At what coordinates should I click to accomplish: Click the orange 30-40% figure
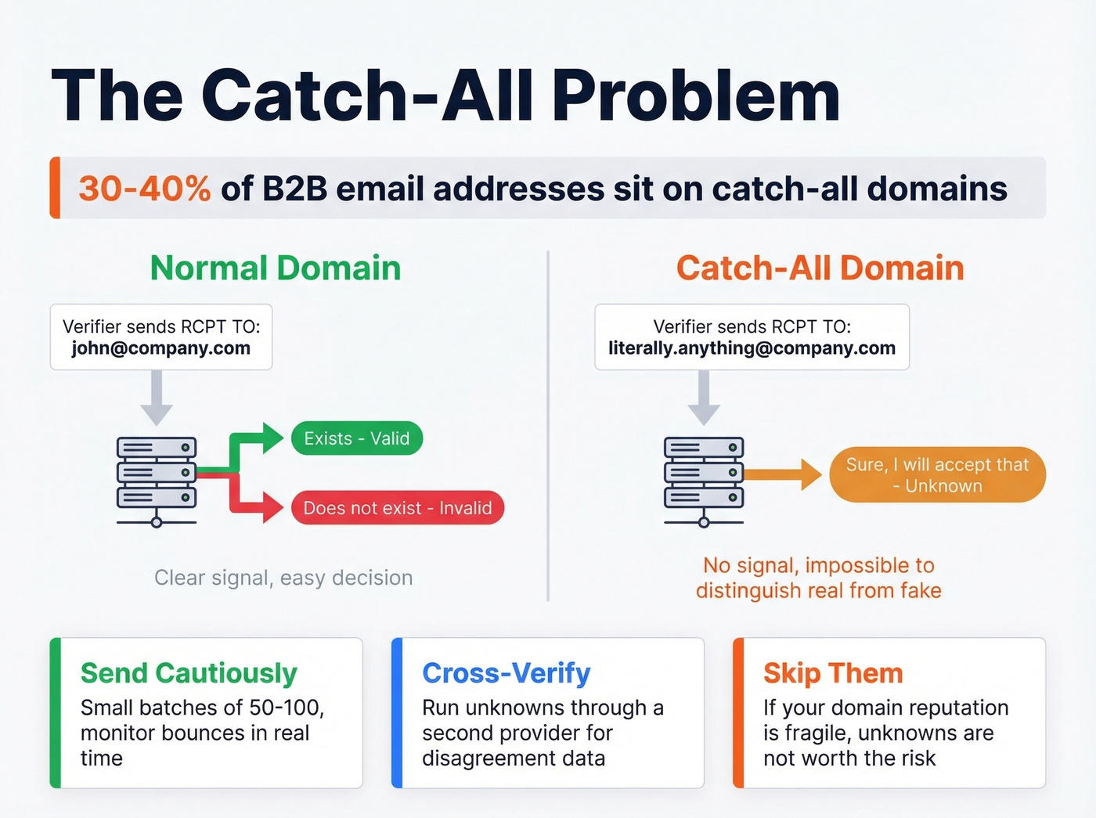tap(144, 189)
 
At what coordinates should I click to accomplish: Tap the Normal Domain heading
tap(276, 268)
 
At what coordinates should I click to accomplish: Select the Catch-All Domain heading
tap(820, 268)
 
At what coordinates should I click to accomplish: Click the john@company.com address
tap(161, 348)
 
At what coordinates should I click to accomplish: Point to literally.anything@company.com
tap(752, 348)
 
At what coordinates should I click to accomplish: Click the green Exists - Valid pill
tap(357, 438)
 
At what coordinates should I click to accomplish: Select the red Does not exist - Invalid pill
tap(398, 508)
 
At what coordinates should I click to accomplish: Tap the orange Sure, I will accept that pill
tap(937, 475)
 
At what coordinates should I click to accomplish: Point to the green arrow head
tap(272, 438)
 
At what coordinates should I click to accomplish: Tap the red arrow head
tap(272, 507)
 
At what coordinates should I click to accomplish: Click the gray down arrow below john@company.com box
tap(157, 399)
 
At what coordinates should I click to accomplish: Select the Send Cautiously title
tap(189, 673)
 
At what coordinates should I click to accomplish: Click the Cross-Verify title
tap(507, 673)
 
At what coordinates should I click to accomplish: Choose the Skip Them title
tap(833, 673)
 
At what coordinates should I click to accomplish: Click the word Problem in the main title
tap(697, 95)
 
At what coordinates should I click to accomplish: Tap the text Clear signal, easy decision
tap(283, 578)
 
